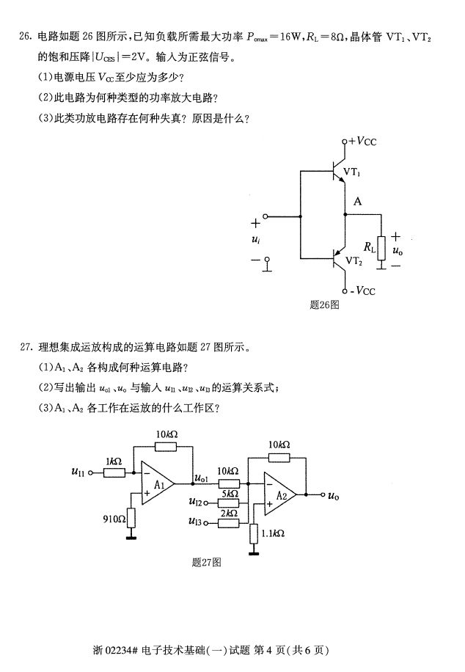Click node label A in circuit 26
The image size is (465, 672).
coord(357,201)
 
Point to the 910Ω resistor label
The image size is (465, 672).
coord(114,519)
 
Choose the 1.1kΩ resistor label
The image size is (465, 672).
coord(274,533)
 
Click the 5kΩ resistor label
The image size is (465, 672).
coord(230,494)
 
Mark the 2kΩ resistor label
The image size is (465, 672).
coord(230,513)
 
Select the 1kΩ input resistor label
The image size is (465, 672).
coord(114,461)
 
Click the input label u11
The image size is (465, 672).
coord(78,473)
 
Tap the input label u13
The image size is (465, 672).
coord(194,522)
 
